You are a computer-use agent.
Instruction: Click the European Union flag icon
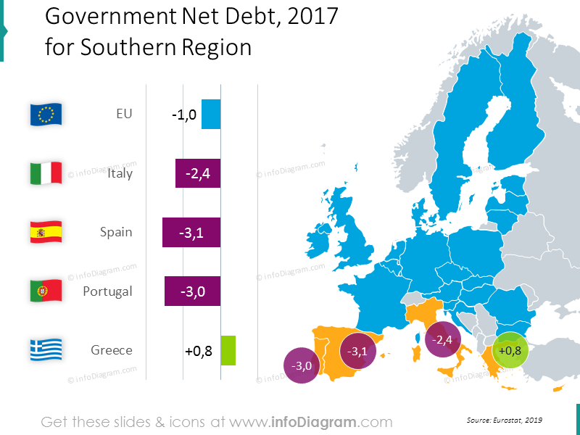click(46, 114)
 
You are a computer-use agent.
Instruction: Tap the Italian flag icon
click(46, 173)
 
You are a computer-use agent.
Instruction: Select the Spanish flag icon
click(46, 232)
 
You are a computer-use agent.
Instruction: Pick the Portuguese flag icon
click(46, 291)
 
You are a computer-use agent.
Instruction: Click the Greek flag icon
click(46, 350)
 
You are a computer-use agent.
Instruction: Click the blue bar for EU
click(211, 115)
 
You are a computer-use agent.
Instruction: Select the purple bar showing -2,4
click(197, 174)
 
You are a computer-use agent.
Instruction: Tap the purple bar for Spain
click(191, 233)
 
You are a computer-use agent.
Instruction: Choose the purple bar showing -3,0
click(192, 291)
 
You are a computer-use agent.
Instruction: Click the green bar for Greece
click(228, 350)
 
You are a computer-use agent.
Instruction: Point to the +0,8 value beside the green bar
click(199, 351)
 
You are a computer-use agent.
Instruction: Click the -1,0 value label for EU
click(184, 115)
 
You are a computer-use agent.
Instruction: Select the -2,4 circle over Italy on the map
click(443, 339)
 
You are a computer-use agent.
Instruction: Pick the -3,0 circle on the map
click(301, 366)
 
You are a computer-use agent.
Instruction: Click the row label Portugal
click(107, 291)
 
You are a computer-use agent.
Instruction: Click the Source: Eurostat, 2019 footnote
click(504, 420)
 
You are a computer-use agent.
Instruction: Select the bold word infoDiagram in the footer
click(318, 421)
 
